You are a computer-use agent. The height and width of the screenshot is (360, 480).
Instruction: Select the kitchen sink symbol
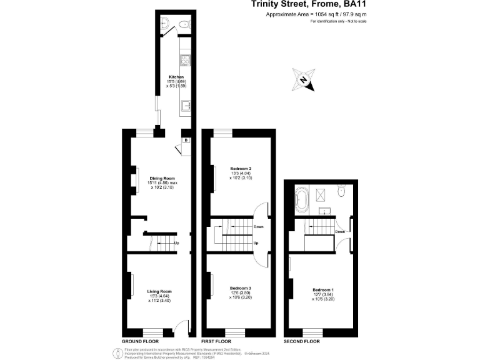click(x=186, y=106)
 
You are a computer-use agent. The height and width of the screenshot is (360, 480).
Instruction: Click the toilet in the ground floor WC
click(x=183, y=24)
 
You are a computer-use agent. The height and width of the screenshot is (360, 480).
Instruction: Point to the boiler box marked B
click(x=186, y=140)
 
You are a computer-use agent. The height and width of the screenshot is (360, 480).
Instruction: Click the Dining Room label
click(x=161, y=178)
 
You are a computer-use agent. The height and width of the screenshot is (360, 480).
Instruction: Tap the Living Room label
click(x=159, y=292)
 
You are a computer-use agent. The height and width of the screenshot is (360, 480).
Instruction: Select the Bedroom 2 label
click(x=241, y=169)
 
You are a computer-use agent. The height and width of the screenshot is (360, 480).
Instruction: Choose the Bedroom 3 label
click(x=240, y=288)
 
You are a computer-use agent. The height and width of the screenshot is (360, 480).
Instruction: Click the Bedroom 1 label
click(x=323, y=290)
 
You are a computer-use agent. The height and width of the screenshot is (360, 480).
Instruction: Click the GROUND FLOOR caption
click(x=138, y=342)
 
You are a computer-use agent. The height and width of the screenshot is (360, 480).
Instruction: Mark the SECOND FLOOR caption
click(x=302, y=342)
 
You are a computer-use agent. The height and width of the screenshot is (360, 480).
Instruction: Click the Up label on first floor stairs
click(x=256, y=243)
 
